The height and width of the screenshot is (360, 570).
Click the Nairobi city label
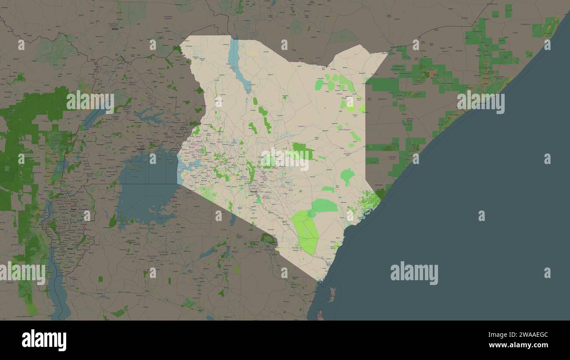253,192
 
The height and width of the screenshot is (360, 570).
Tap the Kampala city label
141,149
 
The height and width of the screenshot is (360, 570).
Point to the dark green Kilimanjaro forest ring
267,239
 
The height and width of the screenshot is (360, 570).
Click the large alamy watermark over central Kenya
285,159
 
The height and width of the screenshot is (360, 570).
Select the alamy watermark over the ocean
414,273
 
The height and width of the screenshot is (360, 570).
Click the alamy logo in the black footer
44,340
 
